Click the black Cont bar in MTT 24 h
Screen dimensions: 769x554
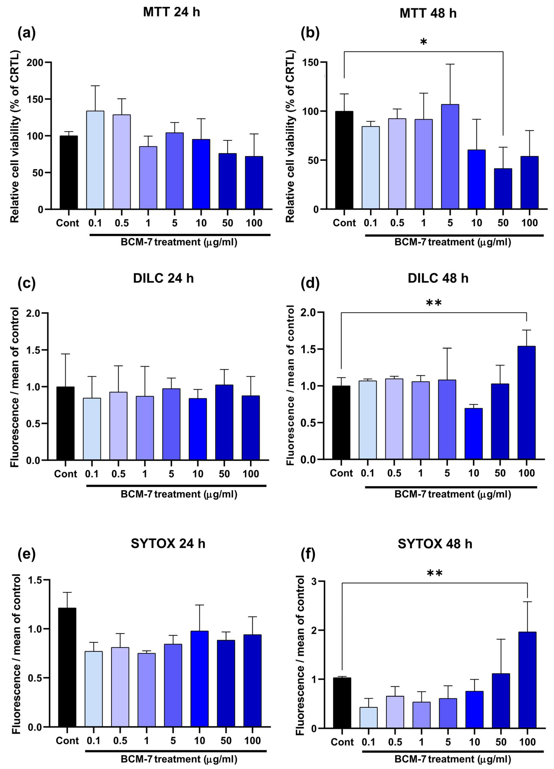coord(69,172)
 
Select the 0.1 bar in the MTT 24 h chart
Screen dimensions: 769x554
coord(95,160)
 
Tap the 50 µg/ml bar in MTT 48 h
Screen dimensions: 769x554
coord(503,188)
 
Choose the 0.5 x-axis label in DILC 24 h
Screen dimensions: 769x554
coord(118,474)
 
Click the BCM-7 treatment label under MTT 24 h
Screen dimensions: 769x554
coord(179,242)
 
